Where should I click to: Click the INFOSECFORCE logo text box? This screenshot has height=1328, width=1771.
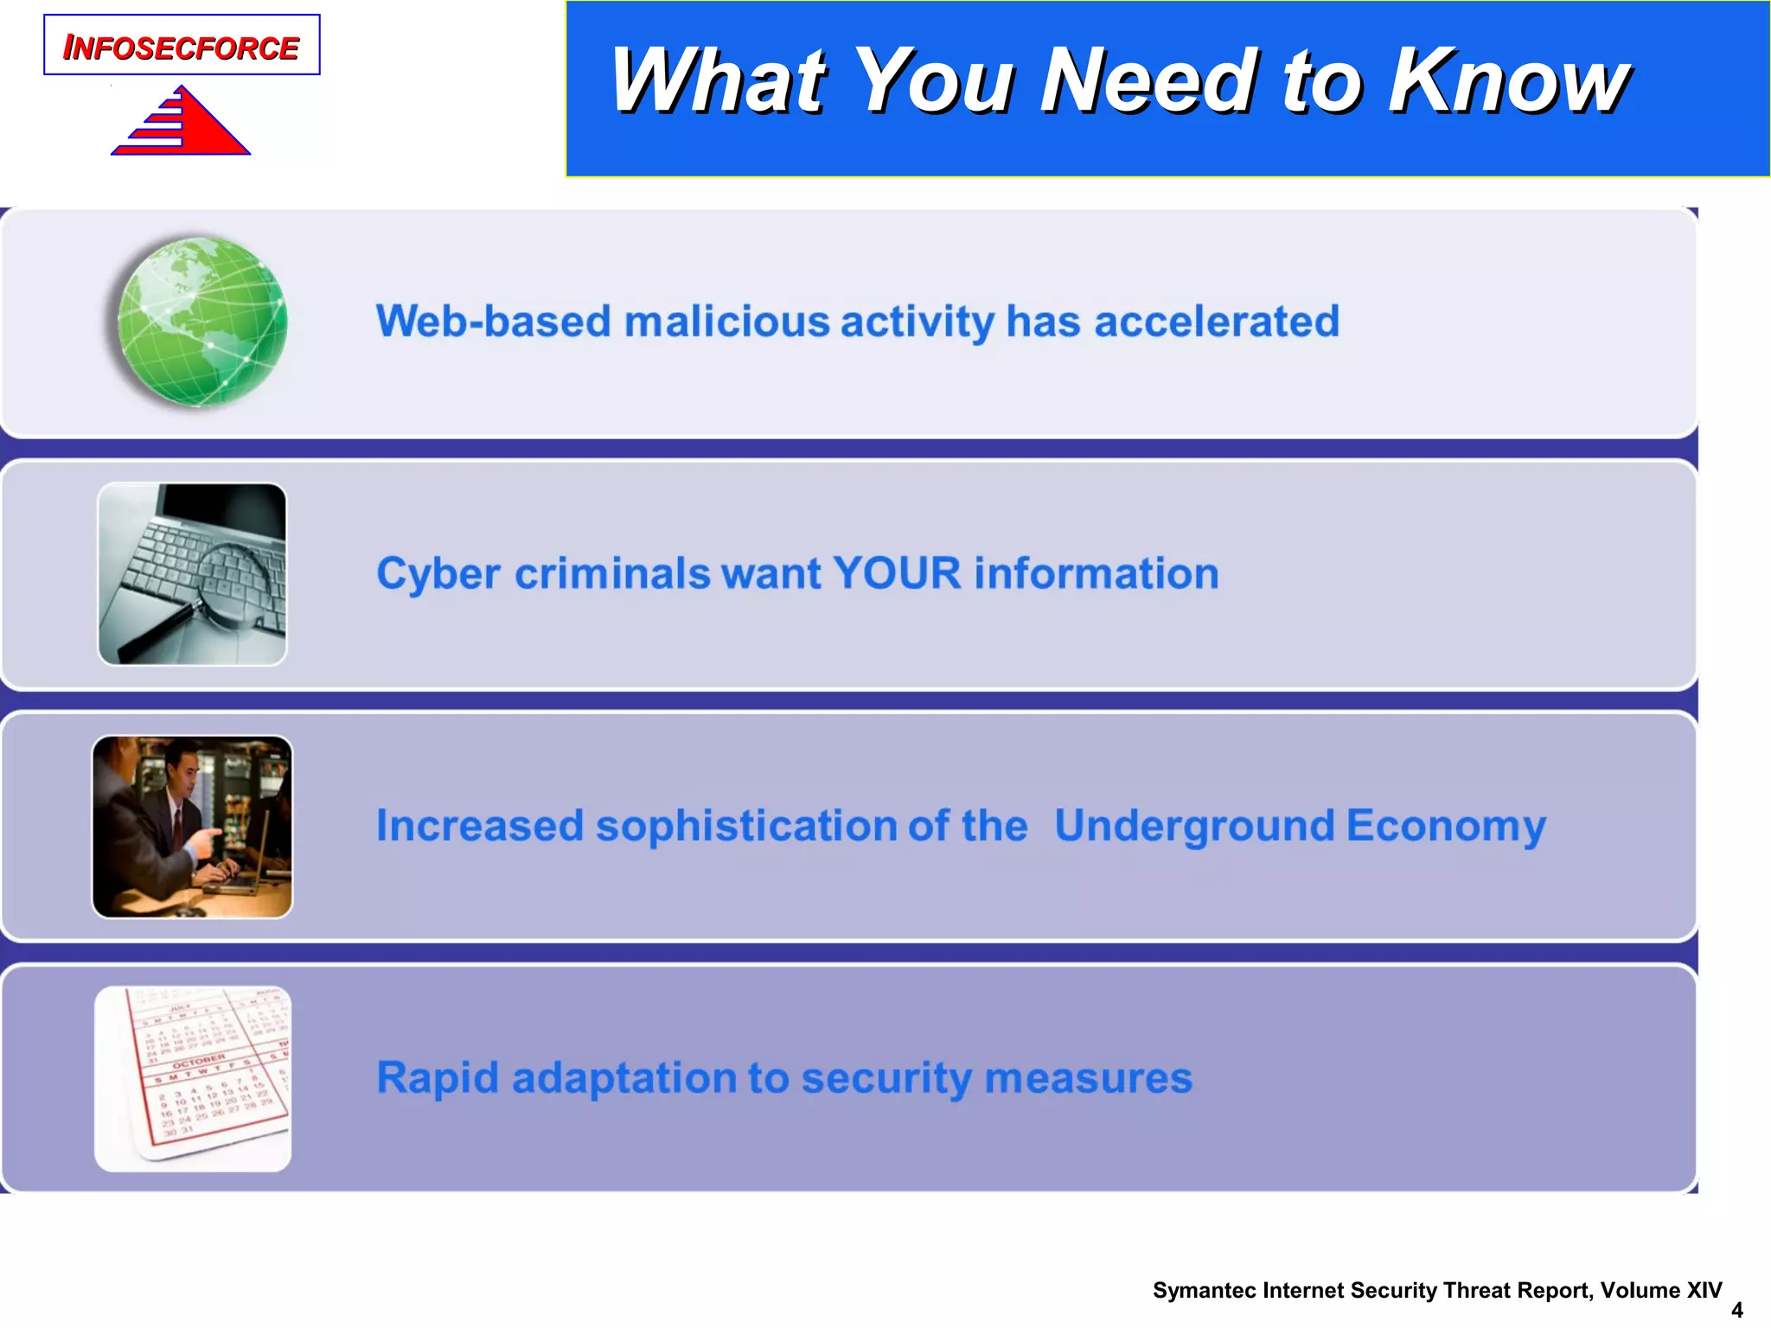[182, 46]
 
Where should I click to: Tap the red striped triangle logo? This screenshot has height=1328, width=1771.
[186, 124]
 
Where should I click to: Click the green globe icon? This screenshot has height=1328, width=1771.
[202, 322]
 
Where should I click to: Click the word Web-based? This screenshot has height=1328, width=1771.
[494, 322]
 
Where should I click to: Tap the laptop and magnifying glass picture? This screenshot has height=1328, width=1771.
[192, 574]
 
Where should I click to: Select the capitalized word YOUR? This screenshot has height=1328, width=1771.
[897, 574]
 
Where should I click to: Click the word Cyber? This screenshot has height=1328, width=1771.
[438, 574]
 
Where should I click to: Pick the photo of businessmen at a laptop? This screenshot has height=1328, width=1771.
[192, 827]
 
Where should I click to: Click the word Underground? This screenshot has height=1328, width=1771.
[1194, 827]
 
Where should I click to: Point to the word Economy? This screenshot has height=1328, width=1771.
[1445, 827]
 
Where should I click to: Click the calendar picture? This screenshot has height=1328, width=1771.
[192, 1079]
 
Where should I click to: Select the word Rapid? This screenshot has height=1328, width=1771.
[438, 1079]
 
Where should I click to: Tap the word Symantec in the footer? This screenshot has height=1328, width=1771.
[1205, 1291]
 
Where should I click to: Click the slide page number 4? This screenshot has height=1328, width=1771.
[1736, 1310]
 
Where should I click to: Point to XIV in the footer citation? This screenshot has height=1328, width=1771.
[1704, 1291]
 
